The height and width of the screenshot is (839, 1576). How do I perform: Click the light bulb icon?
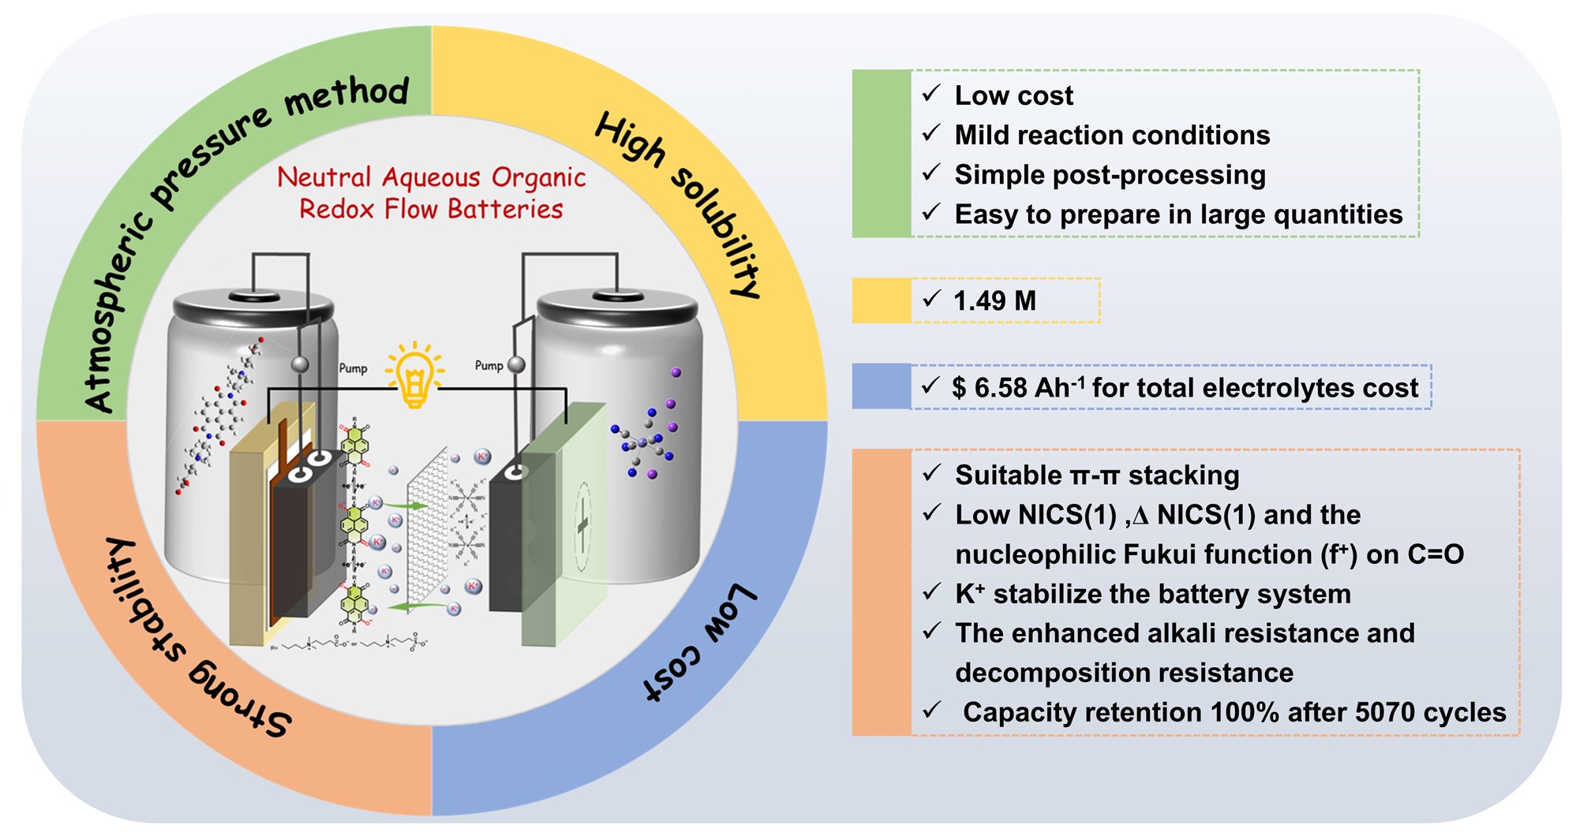coord(414,375)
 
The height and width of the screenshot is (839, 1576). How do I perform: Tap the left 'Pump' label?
coord(353,368)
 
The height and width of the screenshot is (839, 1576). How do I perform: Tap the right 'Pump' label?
coord(489,365)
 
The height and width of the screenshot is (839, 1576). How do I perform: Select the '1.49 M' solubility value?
coord(994,300)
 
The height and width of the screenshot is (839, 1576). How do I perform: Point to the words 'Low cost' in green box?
coord(1013,95)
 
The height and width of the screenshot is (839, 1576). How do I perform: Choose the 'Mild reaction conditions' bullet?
coord(1111,135)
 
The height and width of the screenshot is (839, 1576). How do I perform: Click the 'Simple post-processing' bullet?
coord(1109,174)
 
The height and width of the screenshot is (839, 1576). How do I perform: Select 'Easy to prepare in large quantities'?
coord(1177,214)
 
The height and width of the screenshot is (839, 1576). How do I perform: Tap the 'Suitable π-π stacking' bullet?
coord(1096,475)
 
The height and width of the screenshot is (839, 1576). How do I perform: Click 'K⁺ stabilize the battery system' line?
coord(1152,594)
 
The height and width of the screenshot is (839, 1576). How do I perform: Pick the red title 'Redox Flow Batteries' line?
coord(431,209)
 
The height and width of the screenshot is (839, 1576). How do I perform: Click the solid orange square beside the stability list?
coord(882,592)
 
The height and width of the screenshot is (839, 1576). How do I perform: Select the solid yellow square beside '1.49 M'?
coord(882,300)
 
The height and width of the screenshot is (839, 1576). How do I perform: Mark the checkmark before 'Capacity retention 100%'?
coord(932,710)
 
